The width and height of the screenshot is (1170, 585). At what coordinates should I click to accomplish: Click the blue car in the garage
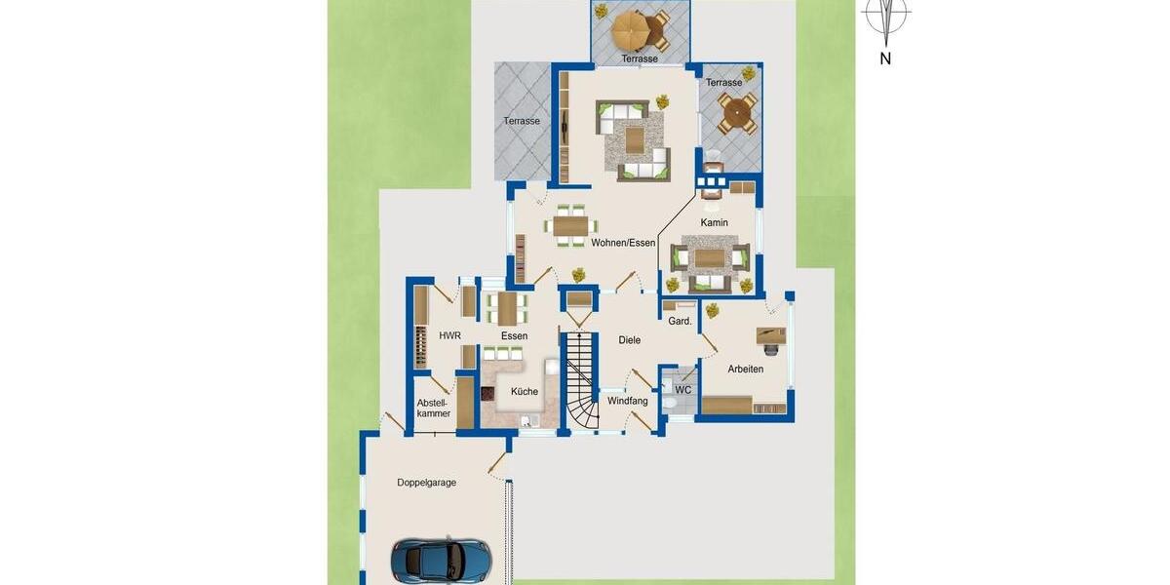click(442, 560)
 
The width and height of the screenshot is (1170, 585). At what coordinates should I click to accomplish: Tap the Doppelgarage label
click(426, 483)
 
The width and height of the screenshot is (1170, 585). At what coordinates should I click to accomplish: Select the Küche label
click(524, 392)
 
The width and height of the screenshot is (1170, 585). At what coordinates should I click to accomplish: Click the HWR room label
click(449, 336)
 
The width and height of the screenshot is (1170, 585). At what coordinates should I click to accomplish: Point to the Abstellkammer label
click(433, 408)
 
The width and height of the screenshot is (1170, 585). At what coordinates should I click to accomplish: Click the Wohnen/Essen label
click(623, 243)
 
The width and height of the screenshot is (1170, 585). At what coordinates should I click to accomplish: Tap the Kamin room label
click(714, 223)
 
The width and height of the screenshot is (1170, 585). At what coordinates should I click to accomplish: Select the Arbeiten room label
click(745, 370)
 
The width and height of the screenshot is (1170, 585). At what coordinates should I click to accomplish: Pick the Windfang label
click(628, 401)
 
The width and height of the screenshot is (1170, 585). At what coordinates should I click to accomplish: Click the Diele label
click(629, 340)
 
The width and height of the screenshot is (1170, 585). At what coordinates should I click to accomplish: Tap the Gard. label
click(680, 321)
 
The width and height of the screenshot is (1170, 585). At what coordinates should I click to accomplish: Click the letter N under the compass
click(885, 58)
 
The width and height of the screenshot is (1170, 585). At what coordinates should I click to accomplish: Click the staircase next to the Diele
click(578, 380)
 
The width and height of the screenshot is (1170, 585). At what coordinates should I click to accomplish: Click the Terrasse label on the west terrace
click(522, 121)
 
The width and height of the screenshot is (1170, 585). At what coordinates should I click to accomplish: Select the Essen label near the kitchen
click(514, 336)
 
